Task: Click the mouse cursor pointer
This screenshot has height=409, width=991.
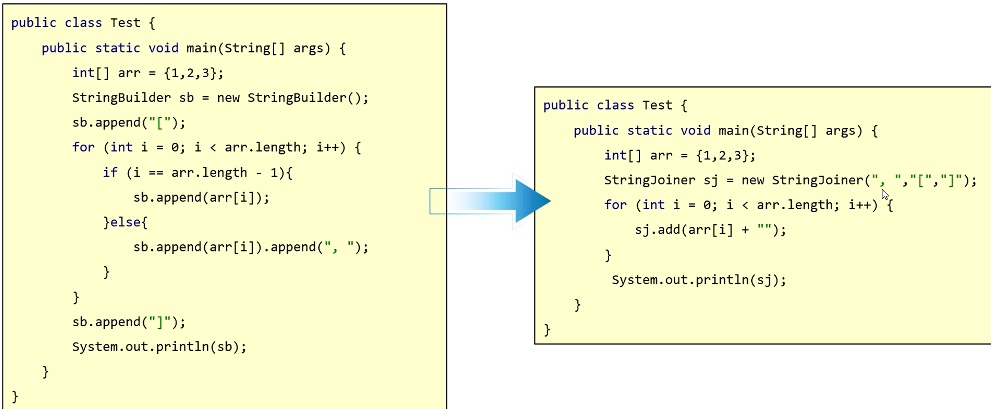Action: pos(885,194)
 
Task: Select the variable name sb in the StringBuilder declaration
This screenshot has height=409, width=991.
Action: pos(186,98)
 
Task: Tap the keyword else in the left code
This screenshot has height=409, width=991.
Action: pos(125,222)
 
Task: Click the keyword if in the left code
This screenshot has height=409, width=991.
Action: pos(110,172)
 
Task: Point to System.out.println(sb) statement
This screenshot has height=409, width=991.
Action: pos(159,347)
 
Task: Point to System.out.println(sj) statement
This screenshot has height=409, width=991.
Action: pos(699,280)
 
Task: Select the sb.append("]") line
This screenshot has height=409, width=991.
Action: pos(128,322)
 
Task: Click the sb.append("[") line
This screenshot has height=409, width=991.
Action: pos(128,123)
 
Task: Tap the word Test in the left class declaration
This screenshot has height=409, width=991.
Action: pos(125,23)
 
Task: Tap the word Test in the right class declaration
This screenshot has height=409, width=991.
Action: pos(657,105)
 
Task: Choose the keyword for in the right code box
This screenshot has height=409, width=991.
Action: pos(615,205)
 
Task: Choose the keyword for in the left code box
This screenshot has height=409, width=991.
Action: pos(83,148)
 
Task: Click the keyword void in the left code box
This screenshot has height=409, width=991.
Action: pos(163,48)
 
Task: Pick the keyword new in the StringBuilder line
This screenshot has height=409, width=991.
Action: pos(228,98)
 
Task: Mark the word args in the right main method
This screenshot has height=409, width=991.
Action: pos(840,131)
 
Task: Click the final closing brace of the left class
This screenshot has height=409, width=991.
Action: pos(15,397)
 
